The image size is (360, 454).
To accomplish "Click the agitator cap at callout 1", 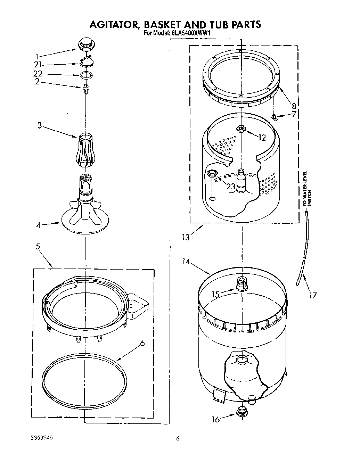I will click(x=85, y=44).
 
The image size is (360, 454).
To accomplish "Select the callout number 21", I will click(x=38, y=65).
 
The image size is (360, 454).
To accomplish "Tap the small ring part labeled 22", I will click(x=86, y=75).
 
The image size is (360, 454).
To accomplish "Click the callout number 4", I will click(x=38, y=225).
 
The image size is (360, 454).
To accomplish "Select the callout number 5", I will click(x=38, y=247).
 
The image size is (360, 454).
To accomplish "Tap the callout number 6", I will click(x=142, y=344).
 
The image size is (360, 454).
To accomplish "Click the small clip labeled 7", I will click(x=275, y=117).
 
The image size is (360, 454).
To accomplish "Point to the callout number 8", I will click(x=294, y=106).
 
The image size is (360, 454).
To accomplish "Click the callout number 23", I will click(x=231, y=187).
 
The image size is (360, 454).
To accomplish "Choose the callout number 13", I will click(x=186, y=237).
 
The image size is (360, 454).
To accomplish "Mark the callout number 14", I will click(x=187, y=262).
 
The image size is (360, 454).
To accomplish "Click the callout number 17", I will click(x=313, y=295).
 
